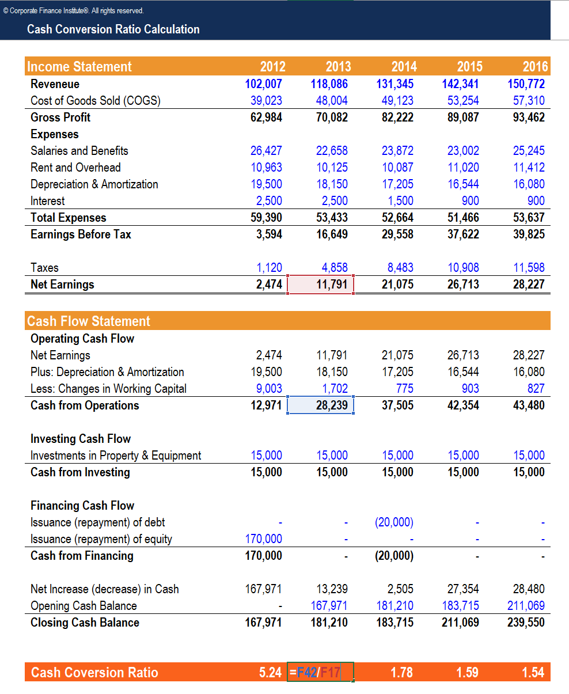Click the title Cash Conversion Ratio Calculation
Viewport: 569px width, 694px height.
113,29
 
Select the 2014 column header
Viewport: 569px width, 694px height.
403,67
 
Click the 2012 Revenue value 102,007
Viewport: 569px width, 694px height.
264,84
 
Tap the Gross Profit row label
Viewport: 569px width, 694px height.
60,117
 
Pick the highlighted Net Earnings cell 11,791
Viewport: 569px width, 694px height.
320,285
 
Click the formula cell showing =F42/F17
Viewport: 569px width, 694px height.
320,673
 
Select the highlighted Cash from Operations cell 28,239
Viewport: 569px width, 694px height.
320,405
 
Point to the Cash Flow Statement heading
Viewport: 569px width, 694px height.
89,321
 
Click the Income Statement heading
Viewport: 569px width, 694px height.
79,67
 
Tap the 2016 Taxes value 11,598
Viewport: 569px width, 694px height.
529,268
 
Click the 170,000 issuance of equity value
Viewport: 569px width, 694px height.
264,539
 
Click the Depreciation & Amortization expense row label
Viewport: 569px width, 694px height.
94,184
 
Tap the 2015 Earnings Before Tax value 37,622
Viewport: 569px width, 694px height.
463,234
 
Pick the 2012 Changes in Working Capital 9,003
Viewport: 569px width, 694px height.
269,389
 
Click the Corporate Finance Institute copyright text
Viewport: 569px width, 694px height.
74,10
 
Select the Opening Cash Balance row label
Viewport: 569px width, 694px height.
84,606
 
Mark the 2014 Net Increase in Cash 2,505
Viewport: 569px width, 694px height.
400,589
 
